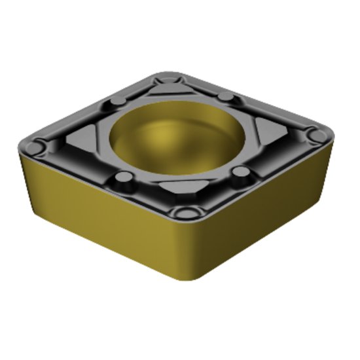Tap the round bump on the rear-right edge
(226, 97)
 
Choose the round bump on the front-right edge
(242, 173)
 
